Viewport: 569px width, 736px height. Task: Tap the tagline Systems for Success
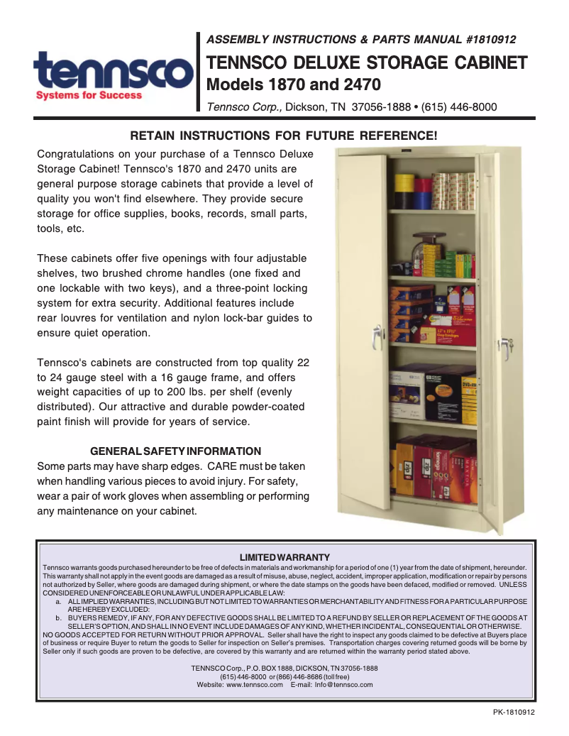point(89,95)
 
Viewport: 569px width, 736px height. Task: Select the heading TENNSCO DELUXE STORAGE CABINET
point(366,62)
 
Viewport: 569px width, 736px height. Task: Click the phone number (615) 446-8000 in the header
point(459,108)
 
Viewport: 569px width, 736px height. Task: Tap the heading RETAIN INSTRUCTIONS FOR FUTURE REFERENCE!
point(283,135)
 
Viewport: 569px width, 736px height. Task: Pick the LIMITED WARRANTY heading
point(284,557)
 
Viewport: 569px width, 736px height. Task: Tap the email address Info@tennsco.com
point(343,685)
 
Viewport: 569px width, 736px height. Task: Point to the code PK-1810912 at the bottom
point(513,713)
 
